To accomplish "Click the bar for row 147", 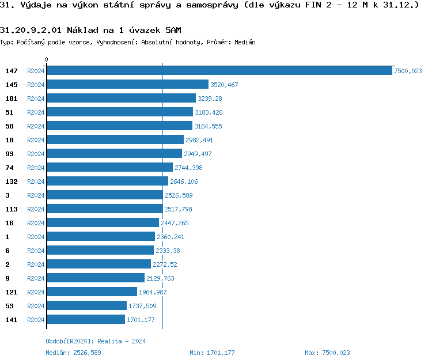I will [x=219, y=70].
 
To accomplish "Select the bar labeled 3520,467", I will [x=127, y=84].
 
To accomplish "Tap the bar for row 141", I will [x=86, y=319].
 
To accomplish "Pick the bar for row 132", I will [x=107, y=181].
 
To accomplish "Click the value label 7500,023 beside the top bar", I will [x=408, y=71].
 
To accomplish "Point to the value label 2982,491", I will [x=199, y=140].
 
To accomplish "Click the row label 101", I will [x=12, y=99].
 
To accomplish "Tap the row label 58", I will [x=9, y=126].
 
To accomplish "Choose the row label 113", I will [x=12, y=209].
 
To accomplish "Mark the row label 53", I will [x=9, y=306].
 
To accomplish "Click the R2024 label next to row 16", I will [x=36, y=223].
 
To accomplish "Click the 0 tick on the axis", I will [x=47, y=59].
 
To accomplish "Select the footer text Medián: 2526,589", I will [x=73, y=353].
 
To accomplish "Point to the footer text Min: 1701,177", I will [x=212, y=353].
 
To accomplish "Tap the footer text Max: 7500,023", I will [x=327, y=353].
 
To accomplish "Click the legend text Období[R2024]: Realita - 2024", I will [x=96, y=341].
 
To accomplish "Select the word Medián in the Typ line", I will [x=245, y=42].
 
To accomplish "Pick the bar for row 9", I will [x=96, y=278].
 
